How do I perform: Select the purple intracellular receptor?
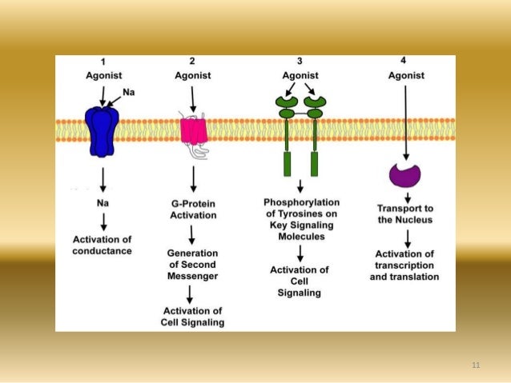(x=405, y=174)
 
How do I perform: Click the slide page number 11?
(x=476, y=365)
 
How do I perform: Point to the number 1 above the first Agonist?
(x=103, y=62)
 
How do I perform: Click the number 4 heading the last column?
(x=403, y=60)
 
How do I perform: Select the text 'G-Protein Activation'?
(x=192, y=209)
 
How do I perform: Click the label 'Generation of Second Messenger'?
(x=191, y=264)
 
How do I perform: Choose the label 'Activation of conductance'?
(x=102, y=245)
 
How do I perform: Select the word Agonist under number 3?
(x=300, y=76)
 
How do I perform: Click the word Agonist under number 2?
(x=192, y=76)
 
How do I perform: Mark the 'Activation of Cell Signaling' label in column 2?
(x=192, y=317)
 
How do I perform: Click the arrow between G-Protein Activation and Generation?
(x=192, y=234)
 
